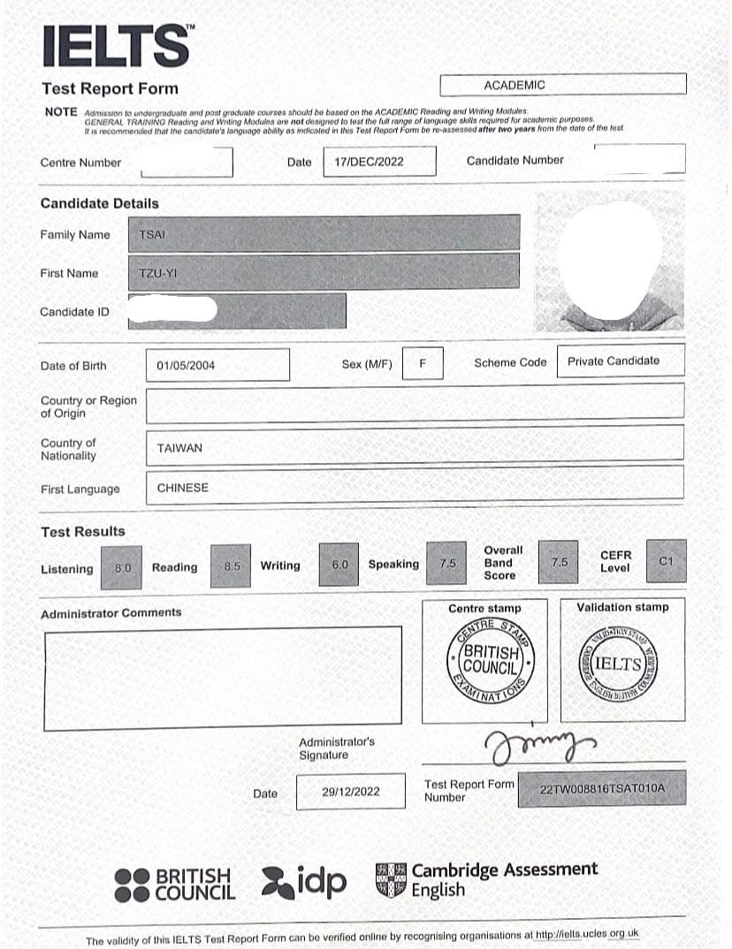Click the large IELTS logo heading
[115, 46]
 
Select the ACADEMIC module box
[562, 85]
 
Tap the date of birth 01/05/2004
[186, 365]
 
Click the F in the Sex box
[423, 363]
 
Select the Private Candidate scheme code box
[620, 361]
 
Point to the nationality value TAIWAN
[179, 448]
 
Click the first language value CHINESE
[183, 488]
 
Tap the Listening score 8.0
[122, 568]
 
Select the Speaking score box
[447, 563]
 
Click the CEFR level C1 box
[666, 561]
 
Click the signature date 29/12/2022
[351, 792]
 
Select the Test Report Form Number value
[601, 787]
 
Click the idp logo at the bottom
[305, 880]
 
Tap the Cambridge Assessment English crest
[392, 880]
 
